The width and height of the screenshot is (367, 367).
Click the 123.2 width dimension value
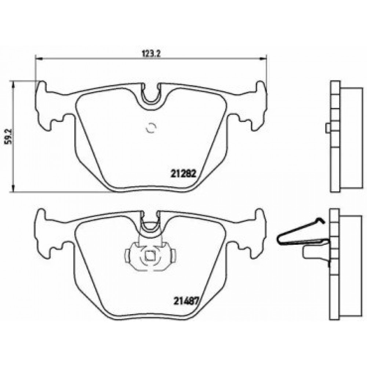click(151, 54)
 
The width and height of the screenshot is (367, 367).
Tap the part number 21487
click(186, 301)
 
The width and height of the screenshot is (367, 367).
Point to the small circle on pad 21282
click(151, 128)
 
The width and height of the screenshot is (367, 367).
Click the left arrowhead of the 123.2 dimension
click(38, 58)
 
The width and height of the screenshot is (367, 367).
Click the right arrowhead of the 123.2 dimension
click(264, 58)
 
